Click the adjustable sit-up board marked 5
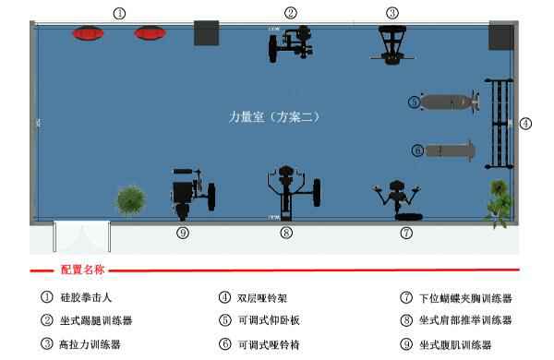pos(447,102)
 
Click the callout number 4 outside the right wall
pos(525,123)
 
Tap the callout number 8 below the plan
pos(286,234)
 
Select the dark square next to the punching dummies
pos(206,33)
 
